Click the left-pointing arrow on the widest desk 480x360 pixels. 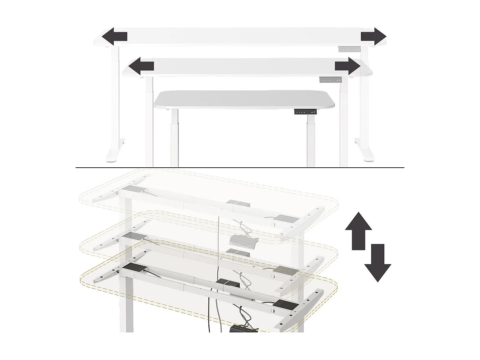click(114, 36)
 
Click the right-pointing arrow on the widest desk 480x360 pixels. click(373, 36)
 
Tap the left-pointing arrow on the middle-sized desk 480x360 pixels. click(141, 66)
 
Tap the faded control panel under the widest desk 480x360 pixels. click(349, 49)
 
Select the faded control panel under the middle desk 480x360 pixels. click(330, 80)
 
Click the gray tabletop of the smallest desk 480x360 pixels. click(244, 99)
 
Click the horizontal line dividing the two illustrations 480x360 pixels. click(240, 168)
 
